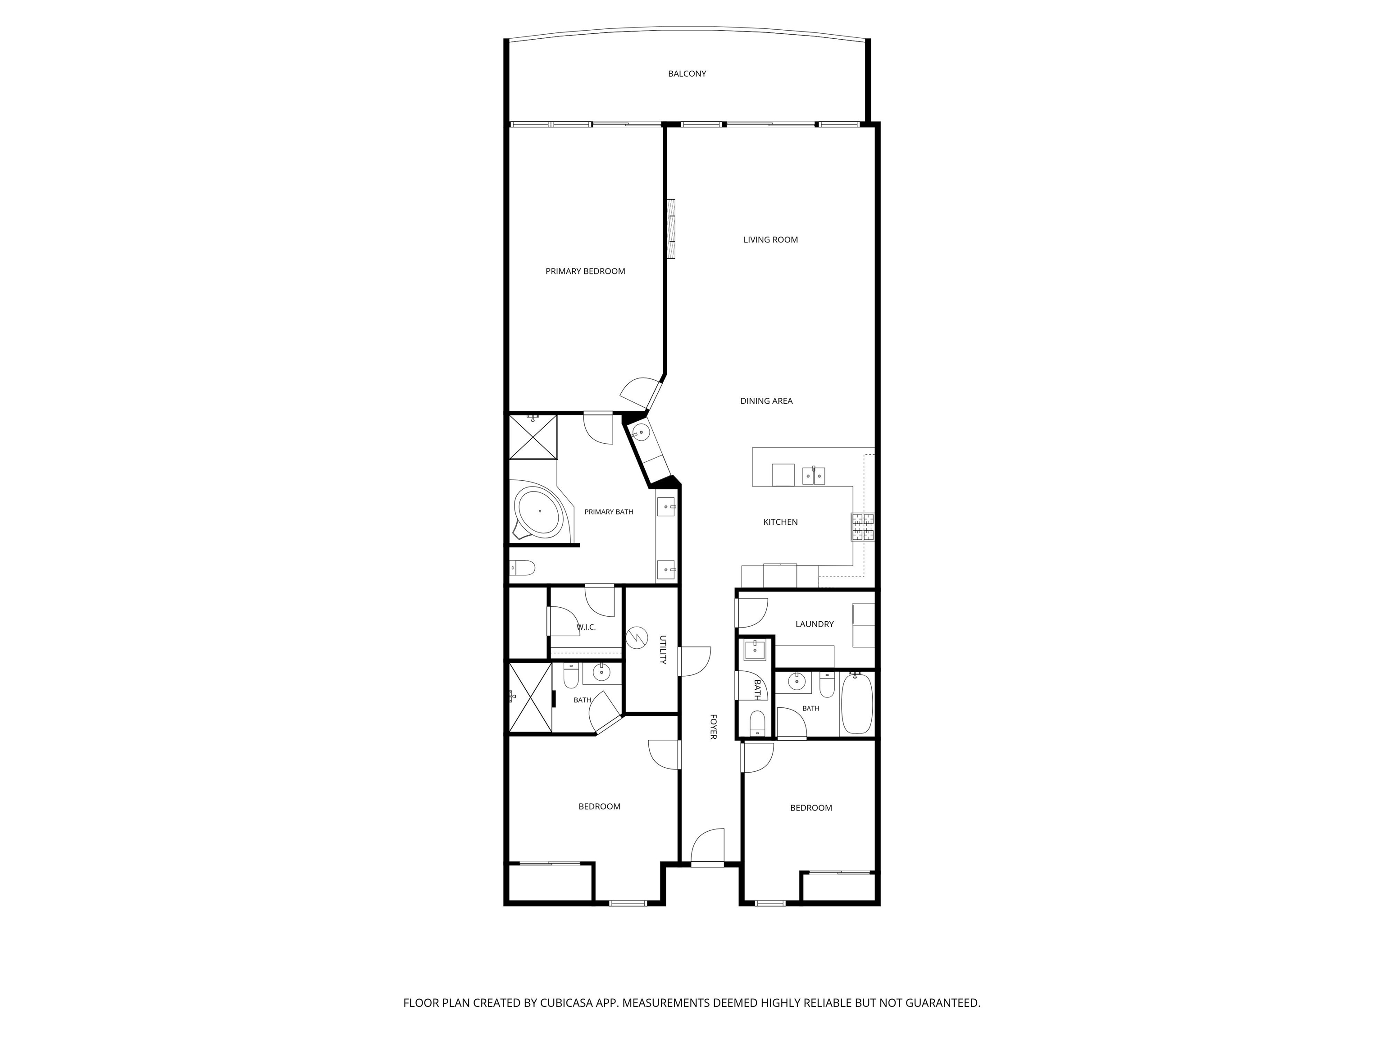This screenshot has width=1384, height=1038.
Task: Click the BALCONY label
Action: [x=687, y=74]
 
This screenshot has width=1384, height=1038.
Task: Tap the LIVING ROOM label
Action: [x=770, y=240]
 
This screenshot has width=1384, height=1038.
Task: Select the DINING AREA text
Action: [x=766, y=401]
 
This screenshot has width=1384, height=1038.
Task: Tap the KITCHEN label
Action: [x=780, y=522]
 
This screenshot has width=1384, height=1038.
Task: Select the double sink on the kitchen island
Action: [x=813, y=476]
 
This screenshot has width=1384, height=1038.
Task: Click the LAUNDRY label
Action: [x=814, y=624]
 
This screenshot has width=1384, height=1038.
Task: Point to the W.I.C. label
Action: [x=586, y=627]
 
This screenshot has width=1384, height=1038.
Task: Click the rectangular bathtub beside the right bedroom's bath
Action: [x=856, y=704]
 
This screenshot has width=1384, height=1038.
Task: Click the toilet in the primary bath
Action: [x=523, y=568]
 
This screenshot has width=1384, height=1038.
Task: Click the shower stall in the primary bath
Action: [x=533, y=437]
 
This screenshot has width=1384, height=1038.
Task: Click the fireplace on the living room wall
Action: [x=671, y=228]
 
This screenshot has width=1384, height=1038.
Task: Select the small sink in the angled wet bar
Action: [x=640, y=432]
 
